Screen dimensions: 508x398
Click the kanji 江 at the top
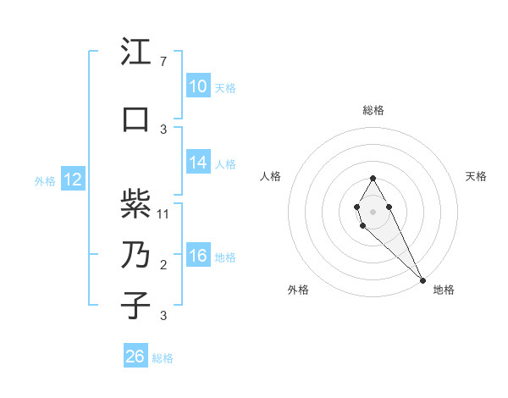136,53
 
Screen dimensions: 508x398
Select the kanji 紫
136,204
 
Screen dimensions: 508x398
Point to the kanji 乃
136,255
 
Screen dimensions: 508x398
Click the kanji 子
136,307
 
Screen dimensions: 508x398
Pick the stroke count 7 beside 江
163,62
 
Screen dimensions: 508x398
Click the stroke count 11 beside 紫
164,213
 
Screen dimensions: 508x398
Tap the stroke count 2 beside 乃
163,265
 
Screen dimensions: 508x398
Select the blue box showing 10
197,86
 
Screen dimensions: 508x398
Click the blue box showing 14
197,163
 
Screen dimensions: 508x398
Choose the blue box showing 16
197,256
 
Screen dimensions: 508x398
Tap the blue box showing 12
72,180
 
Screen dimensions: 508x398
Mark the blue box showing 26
135,357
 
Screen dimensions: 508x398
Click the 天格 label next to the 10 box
224,87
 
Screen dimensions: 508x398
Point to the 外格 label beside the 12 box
45,180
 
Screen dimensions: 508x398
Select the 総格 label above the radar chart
373,110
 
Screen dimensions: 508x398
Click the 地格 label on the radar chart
444,290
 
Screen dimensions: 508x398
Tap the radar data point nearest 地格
422,279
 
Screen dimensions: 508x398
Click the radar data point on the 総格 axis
373,178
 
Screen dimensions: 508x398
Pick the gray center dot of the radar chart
373,210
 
